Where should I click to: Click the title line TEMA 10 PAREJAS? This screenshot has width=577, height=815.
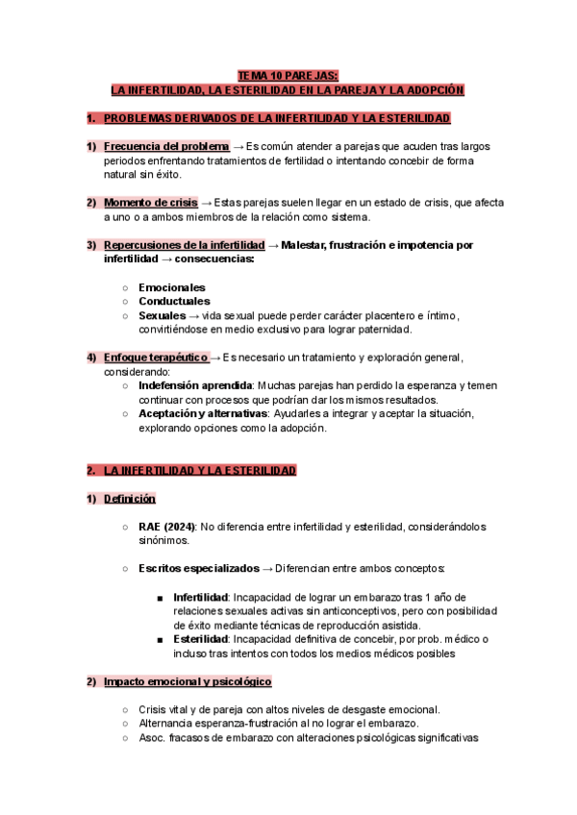(x=288, y=75)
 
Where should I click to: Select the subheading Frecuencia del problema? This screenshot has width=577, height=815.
(x=166, y=146)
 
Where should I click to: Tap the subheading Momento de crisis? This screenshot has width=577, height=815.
(x=150, y=203)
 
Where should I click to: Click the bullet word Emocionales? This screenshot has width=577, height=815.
(x=172, y=287)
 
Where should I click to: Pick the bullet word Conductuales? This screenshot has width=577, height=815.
(x=174, y=301)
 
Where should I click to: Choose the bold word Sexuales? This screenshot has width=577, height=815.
(x=162, y=315)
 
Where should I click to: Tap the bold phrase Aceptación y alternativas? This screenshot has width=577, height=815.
(x=203, y=413)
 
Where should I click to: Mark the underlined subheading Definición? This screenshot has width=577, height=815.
(x=130, y=500)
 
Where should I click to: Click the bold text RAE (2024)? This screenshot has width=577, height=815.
(x=167, y=527)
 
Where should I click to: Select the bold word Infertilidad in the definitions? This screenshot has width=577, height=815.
(x=200, y=597)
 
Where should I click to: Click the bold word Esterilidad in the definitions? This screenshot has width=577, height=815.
(x=199, y=639)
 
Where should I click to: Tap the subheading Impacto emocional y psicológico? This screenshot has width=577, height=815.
(x=188, y=681)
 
